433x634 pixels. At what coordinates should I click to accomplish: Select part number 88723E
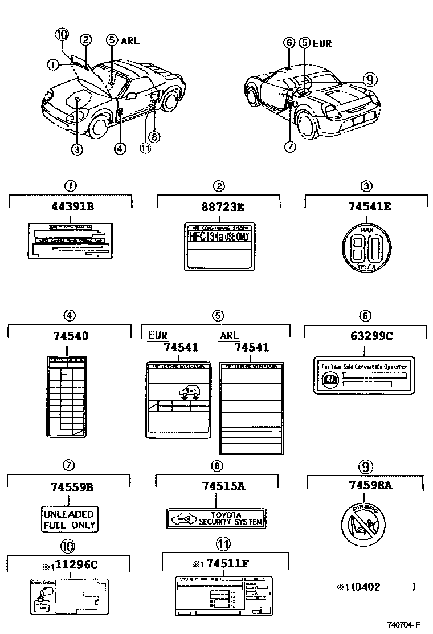[219, 206]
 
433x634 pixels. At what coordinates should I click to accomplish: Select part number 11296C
[74, 564]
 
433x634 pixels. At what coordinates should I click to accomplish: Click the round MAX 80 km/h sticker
[366, 249]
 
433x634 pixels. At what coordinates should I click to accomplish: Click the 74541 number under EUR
[180, 347]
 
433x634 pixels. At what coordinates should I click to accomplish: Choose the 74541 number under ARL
[252, 347]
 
